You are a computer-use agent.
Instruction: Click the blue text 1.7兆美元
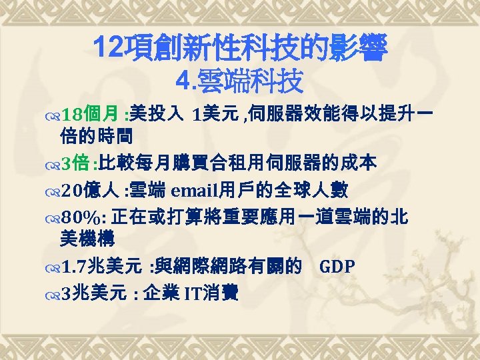[100, 267]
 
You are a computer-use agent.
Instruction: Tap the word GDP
[337, 267]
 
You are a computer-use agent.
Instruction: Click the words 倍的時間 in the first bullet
[96, 137]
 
